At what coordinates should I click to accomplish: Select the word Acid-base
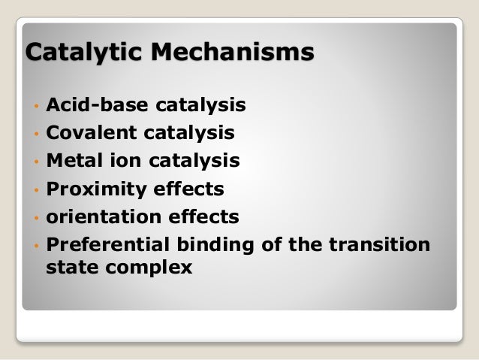pos(89,106)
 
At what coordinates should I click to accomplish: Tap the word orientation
pos(101,217)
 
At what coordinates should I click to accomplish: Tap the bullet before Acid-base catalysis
pos(35,107)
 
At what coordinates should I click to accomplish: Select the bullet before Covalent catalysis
pos(35,135)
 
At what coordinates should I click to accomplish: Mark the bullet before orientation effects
pos(35,218)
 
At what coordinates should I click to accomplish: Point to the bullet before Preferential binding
pos(35,246)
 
